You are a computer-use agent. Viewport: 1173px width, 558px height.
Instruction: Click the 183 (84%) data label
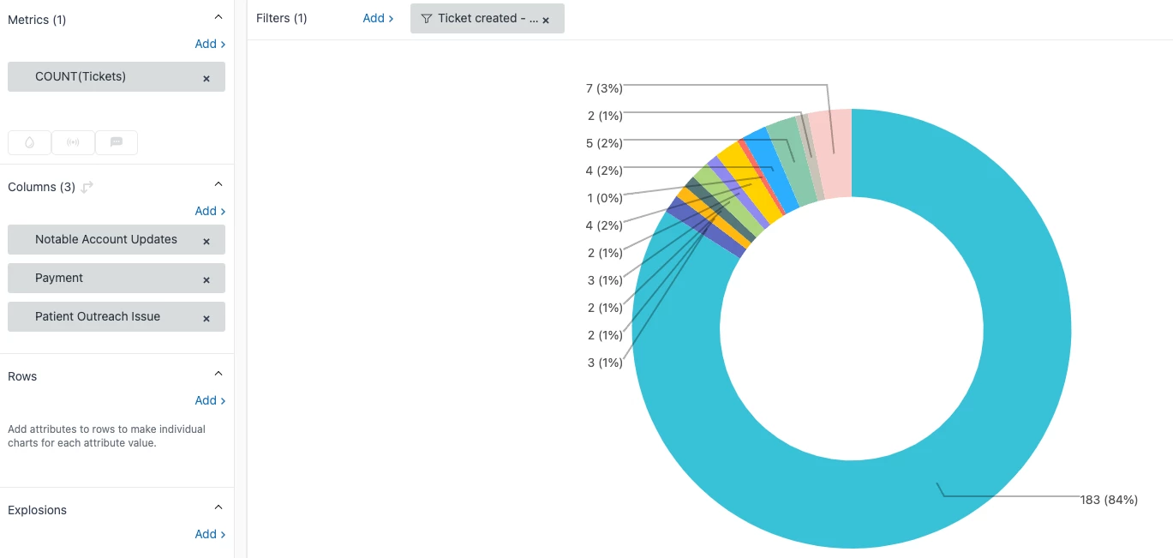coord(1109,500)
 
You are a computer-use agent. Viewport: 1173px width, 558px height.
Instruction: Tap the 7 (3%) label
coord(604,88)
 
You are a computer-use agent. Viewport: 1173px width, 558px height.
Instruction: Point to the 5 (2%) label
coord(604,143)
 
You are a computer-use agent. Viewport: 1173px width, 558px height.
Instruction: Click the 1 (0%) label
coord(604,198)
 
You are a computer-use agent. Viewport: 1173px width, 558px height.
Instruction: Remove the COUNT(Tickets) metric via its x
coord(206,78)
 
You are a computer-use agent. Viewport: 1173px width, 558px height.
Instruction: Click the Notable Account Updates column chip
coord(106,240)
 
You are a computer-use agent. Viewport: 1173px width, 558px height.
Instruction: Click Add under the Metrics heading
coord(210,44)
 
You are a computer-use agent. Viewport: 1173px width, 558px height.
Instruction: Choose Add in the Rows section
coord(210,400)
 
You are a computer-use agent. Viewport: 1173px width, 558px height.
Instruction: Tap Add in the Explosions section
coord(210,534)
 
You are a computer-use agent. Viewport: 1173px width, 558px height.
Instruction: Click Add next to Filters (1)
coord(378,18)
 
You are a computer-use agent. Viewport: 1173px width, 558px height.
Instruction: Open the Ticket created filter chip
coord(480,18)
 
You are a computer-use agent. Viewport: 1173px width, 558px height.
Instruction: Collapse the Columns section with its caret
coord(218,184)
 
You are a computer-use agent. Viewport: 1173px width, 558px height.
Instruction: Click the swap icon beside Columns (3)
coord(87,187)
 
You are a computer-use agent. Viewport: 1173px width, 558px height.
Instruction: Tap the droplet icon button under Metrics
coord(30,142)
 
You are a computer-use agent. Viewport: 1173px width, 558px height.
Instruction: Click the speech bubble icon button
coord(117,142)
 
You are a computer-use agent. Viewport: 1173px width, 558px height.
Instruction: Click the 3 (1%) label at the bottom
coord(604,363)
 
